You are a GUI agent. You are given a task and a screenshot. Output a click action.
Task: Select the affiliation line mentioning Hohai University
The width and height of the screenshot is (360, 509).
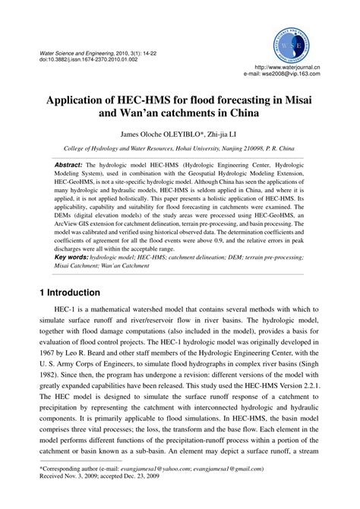tap(179, 150)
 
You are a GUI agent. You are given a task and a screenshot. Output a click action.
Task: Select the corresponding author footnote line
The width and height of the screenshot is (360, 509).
tap(152, 491)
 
